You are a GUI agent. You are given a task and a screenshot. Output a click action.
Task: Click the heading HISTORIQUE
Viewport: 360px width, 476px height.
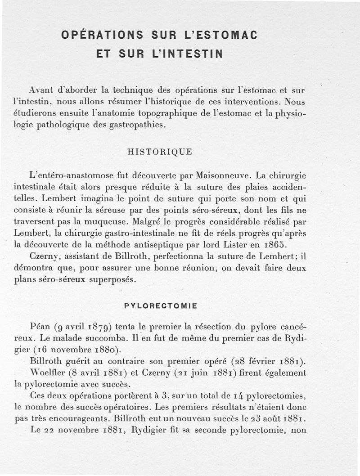160,152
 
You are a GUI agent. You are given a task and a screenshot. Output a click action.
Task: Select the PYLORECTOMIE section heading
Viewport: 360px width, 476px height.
161,306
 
